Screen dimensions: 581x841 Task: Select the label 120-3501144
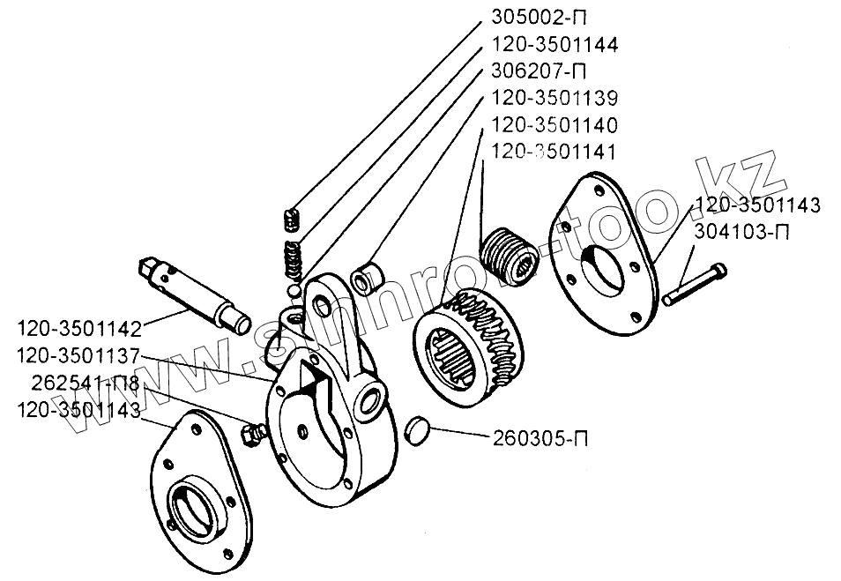pos(554,44)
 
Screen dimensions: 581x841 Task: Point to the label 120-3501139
pos(554,97)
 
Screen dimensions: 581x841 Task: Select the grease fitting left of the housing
pos(253,434)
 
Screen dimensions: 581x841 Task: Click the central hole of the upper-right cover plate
pos(607,264)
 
